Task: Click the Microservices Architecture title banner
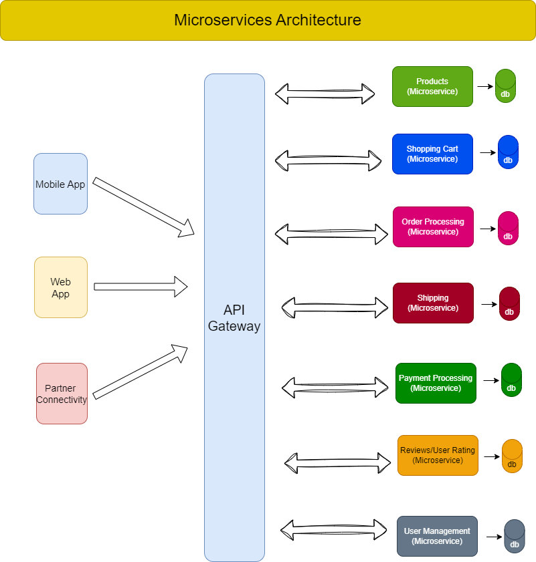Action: [x=268, y=20]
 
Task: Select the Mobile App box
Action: [x=60, y=184]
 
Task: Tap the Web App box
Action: [x=60, y=287]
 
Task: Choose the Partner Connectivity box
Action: [x=62, y=394]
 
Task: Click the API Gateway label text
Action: [x=234, y=318]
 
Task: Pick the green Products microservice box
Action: [x=432, y=86]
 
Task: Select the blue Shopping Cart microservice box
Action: [x=432, y=154]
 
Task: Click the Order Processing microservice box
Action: [x=433, y=227]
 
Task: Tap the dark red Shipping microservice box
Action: [x=433, y=303]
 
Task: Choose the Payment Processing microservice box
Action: [x=436, y=383]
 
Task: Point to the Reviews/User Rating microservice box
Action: [x=438, y=455]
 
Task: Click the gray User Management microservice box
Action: [x=437, y=536]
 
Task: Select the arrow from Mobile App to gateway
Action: [x=143, y=207]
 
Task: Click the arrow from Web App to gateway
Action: [x=141, y=287]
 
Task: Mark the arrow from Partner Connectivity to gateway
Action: [x=141, y=372]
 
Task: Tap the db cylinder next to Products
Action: [x=505, y=86]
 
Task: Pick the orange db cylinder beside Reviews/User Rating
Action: [x=512, y=456]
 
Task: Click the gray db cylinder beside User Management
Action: [x=515, y=537]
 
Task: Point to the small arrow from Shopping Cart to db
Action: [x=487, y=153]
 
